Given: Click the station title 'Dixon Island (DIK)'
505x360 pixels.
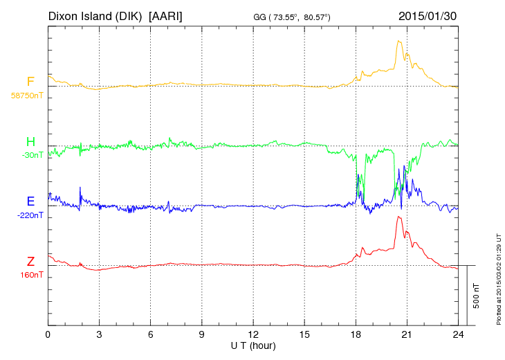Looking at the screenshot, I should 95,15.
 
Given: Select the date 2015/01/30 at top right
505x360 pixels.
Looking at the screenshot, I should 428,15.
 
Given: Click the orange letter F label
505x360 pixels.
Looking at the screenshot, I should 30,82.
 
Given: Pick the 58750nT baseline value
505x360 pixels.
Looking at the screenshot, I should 26,96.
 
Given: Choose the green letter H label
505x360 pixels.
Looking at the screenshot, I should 30,142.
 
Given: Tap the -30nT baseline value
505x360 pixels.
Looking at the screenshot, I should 33,155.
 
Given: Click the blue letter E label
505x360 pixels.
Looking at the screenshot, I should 30,201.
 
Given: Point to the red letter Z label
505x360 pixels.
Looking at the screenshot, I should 30,262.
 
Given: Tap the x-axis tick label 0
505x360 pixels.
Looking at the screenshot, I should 48,334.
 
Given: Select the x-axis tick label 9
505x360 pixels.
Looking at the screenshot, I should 202,334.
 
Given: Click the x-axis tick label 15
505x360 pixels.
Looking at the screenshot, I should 304,334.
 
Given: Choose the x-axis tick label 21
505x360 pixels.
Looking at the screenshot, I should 407,334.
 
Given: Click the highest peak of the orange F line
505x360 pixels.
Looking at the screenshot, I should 399,41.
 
